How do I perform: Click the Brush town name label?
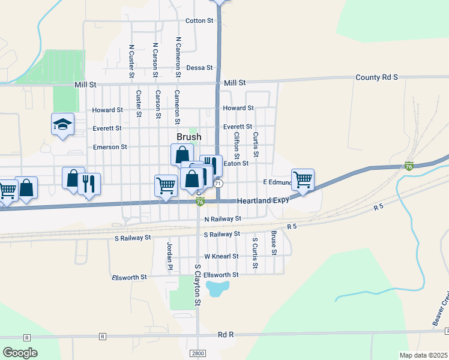[x=188, y=137]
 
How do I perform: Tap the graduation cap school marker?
[x=62, y=124]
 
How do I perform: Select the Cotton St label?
[x=199, y=20]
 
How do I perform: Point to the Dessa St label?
[x=200, y=68]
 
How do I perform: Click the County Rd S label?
[x=376, y=77]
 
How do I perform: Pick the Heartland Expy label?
[x=263, y=200]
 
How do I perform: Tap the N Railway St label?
[x=222, y=219]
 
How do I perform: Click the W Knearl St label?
[x=221, y=256]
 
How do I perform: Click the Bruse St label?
[x=274, y=242]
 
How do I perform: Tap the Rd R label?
[x=225, y=334]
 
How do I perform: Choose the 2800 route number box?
[x=197, y=353]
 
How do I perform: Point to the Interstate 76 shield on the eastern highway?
[x=409, y=166]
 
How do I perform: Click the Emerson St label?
[x=110, y=147]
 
